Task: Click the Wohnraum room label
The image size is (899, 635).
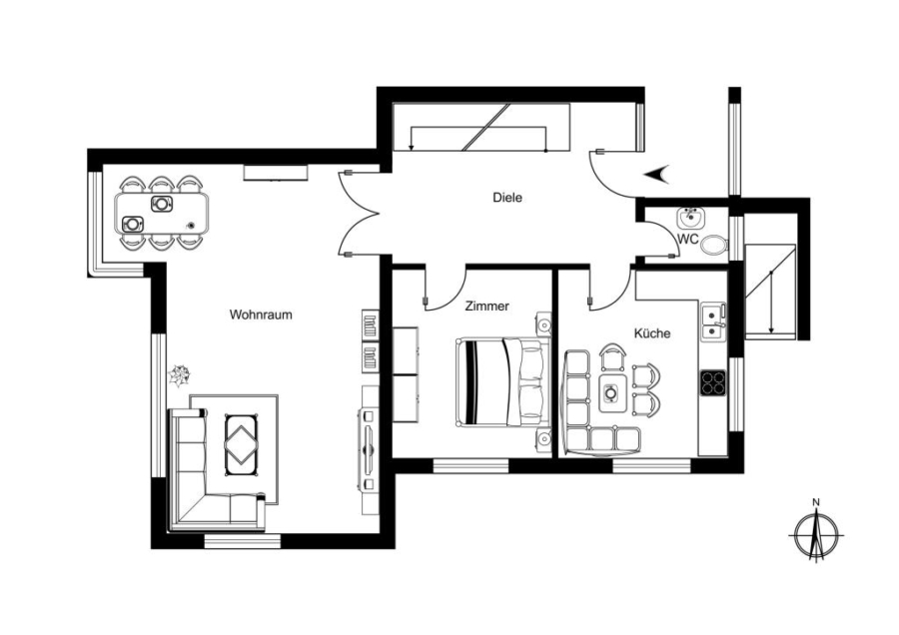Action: pos(261,315)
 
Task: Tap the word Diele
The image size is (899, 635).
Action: pos(507,198)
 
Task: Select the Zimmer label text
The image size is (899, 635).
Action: pos(486,307)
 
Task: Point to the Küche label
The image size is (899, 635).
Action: pos(652,332)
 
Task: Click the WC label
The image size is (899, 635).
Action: pos(688,239)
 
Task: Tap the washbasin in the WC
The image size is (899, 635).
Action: pos(690,218)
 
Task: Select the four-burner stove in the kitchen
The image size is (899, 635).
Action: pos(712,382)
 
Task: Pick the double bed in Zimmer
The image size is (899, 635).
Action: pos(502,382)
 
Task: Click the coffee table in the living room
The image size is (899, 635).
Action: pos(242,444)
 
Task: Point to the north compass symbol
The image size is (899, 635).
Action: pos(816,535)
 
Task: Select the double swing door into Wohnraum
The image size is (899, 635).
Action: pos(359,214)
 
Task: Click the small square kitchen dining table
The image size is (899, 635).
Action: pos(612,392)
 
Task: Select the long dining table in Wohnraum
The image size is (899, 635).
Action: pos(162,213)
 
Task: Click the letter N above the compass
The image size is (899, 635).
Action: pos(816,502)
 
